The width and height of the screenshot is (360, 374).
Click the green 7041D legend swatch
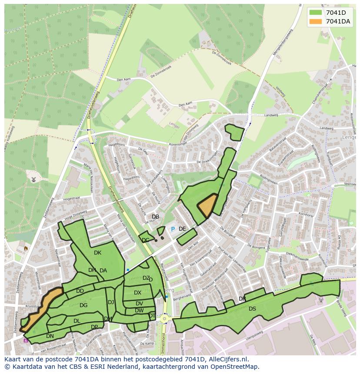click(x=316, y=13)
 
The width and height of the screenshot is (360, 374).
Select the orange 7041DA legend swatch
click(x=316, y=21)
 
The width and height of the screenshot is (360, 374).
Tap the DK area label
click(x=97, y=253)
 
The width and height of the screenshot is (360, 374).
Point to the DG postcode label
click(x=83, y=305)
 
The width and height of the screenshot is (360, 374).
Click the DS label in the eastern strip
click(x=252, y=309)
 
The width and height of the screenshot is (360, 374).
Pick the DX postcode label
click(x=137, y=293)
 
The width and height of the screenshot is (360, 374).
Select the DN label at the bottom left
click(x=50, y=336)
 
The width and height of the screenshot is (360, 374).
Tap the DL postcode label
click(x=77, y=321)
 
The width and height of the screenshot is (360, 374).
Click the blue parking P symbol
click(x=173, y=229)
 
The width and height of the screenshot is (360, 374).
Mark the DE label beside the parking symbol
click(x=182, y=229)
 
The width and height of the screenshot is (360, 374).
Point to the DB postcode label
click(x=155, y=217)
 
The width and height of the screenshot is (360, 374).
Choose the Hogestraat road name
click(x=72, y=198)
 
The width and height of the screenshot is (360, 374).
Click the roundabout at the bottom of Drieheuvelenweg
click(x=165, y=319)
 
